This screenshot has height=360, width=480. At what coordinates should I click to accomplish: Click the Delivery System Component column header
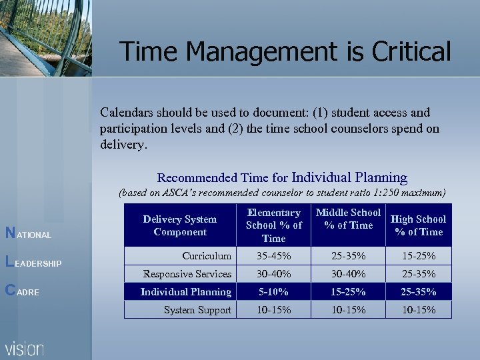[x=179, y=225]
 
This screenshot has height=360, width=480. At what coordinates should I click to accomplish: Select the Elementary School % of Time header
[x=273, y=225]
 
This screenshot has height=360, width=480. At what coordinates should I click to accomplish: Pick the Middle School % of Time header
[x=348, y=219]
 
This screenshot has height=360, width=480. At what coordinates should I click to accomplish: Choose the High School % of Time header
[x=418, y=225]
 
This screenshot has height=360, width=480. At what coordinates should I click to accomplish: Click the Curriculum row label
[x=207, y=256]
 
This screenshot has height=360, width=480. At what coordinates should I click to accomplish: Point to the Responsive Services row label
[x=187, y=274]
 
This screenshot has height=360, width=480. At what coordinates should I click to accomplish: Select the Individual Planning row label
[x=185, y=292]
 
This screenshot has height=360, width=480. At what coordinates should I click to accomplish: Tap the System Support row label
[x=197, y=310]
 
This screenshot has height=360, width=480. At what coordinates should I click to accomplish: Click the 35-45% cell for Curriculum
[x=273, y=256]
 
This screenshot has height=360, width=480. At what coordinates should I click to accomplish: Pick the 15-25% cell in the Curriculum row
[x=418, y=256]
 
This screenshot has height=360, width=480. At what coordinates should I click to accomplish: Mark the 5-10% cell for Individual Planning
[x=273, y=292]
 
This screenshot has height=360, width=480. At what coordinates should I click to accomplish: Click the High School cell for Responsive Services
[x=418, y=274]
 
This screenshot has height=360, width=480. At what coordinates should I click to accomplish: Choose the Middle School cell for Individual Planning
[x=348, y=292]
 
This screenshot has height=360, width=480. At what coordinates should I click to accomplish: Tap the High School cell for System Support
[x=418, y=310]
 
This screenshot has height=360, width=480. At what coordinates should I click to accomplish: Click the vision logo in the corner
[x=25, y=348]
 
